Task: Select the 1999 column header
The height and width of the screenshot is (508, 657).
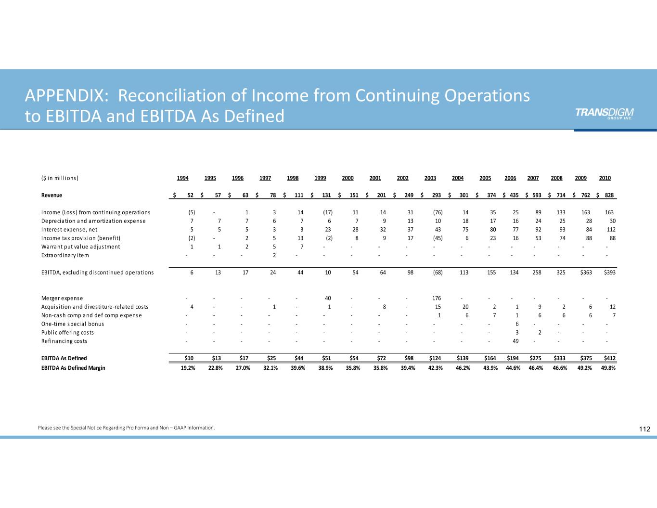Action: (x=320, y=178)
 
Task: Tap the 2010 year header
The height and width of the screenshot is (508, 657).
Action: (x=605, y=178)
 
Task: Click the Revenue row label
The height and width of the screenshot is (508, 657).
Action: (x=52, y=195)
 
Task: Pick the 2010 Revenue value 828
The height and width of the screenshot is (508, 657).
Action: (x=609, y=195)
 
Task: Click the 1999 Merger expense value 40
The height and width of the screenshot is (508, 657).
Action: (x=328, y=299)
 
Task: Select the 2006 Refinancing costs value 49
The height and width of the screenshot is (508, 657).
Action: (x=515, y=341)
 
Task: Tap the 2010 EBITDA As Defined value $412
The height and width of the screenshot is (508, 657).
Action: (x=609, y=359)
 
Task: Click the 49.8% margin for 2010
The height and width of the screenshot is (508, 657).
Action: (x=608, y=368)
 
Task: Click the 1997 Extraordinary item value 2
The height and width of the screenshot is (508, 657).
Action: (x=274, y=256)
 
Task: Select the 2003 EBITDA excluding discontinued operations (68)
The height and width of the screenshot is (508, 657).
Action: (x=438, y=273)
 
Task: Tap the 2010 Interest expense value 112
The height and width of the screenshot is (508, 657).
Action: (x=611, y=230)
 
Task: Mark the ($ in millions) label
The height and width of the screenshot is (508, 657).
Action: (x=60, y=178)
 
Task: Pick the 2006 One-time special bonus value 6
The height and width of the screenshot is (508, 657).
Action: (x=517, y=324)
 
